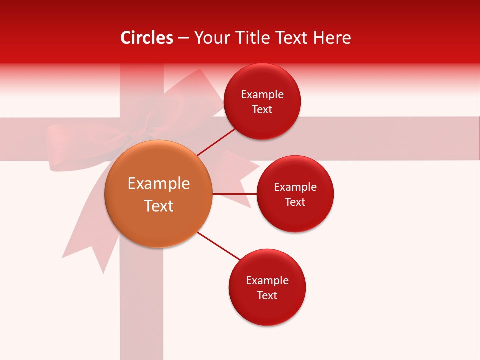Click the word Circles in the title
(147, 38)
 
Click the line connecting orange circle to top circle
(216, 141)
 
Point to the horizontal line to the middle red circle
(235, 193)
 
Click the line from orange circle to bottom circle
(218, 246)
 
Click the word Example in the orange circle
(159, 184)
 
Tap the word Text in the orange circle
(159, 206)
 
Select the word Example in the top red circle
(262, 95)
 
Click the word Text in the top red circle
(262, 110)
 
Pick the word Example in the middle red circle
(295, 187)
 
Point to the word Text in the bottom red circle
(267, 295)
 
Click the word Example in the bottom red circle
(267, 281)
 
